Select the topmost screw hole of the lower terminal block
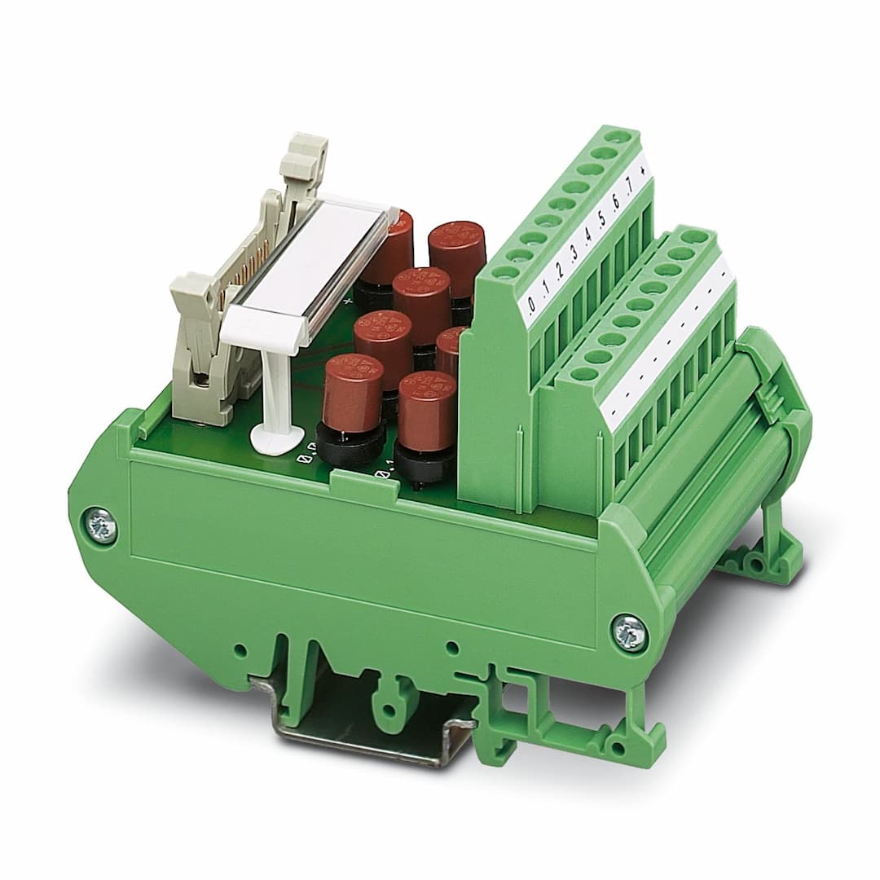694,237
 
